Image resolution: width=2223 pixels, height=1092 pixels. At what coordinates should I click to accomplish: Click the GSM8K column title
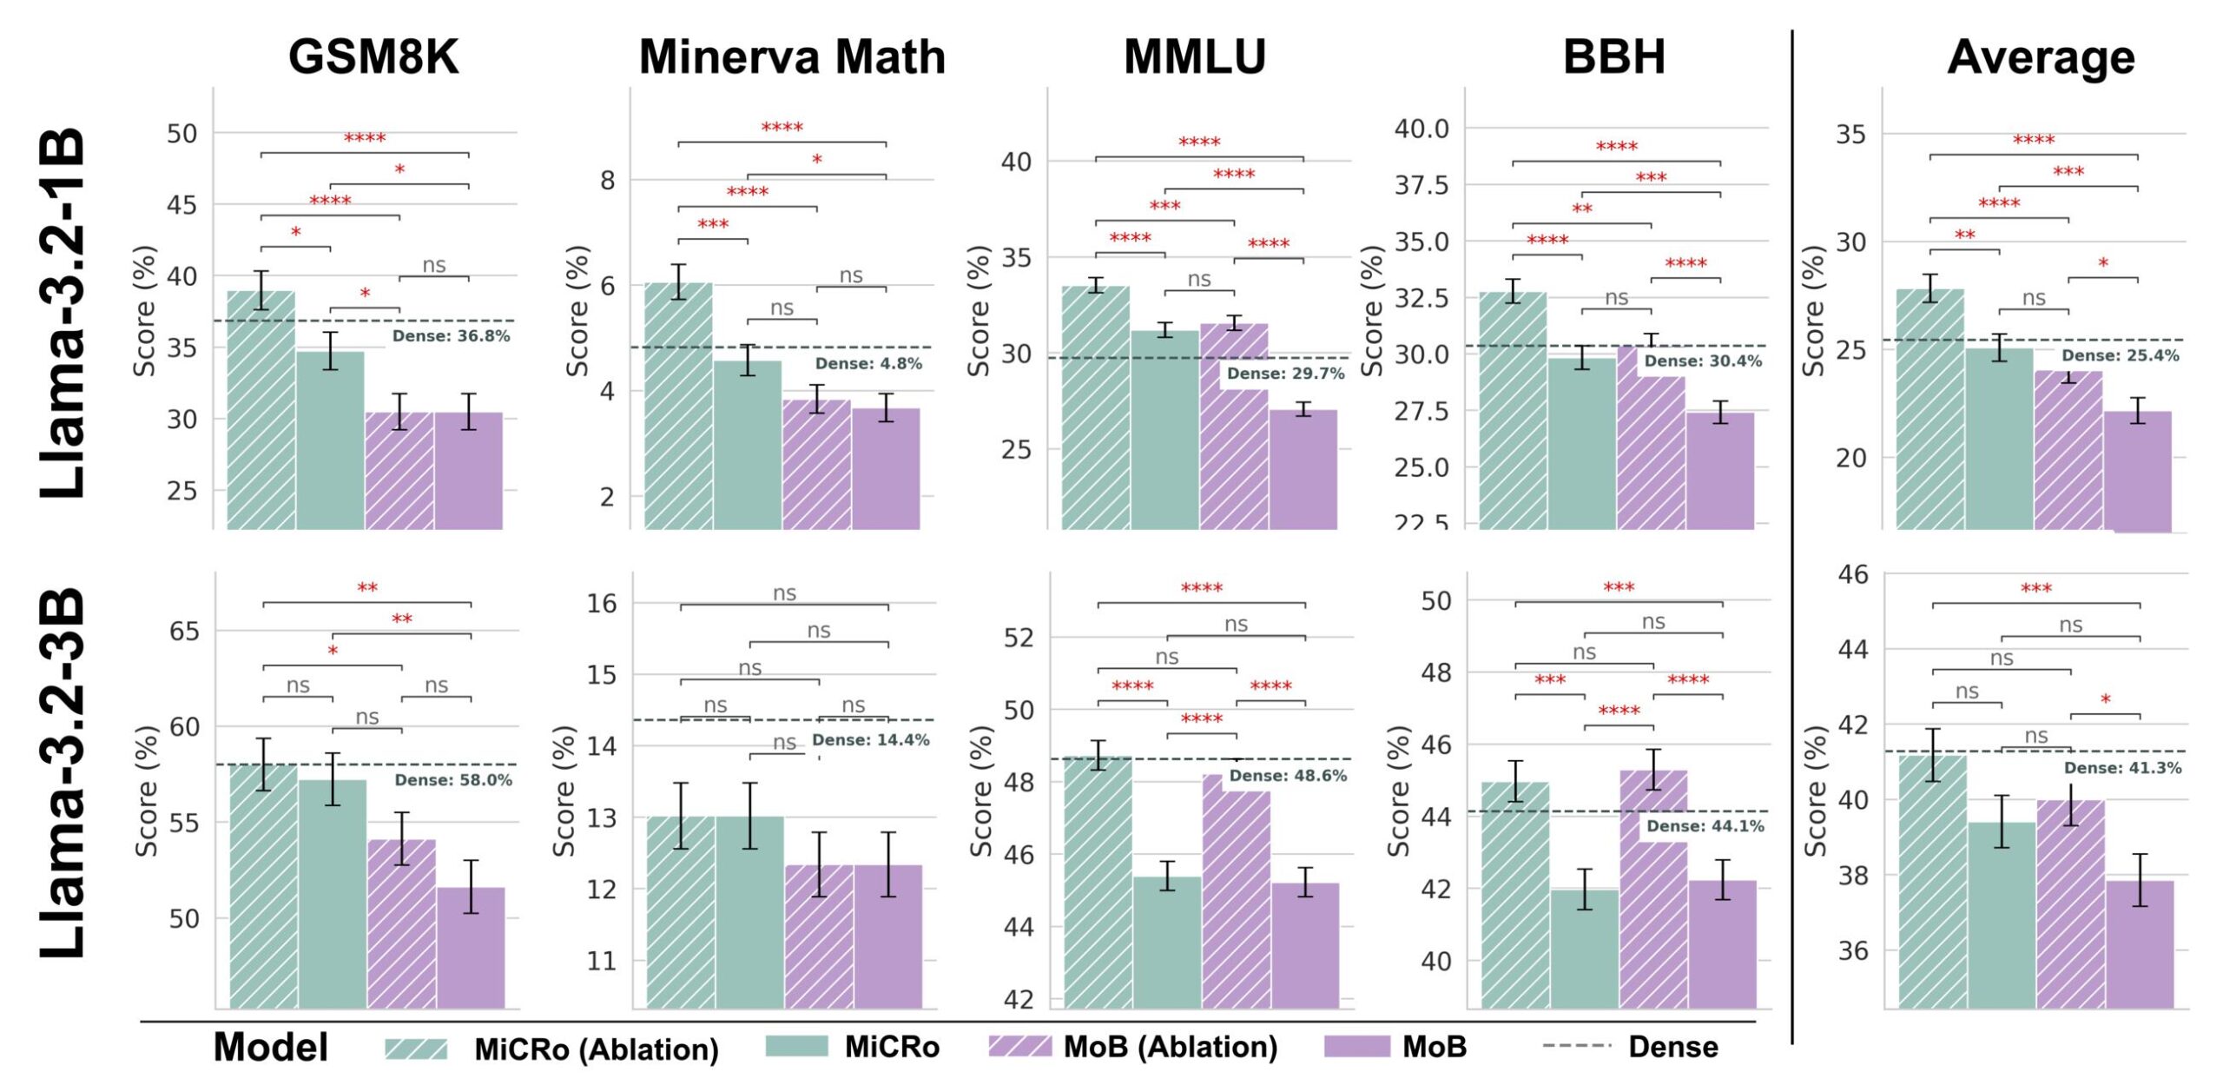pyautogui.click(x=373, y=57)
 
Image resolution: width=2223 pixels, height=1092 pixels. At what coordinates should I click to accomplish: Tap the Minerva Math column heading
pyautogui.click(x=792, y=57)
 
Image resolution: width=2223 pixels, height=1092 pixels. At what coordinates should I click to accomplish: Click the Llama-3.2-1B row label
pyautogui.click(x=63, y=313)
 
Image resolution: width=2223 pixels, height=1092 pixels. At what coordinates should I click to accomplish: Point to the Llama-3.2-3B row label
pyautogui.click(x=63, y=773)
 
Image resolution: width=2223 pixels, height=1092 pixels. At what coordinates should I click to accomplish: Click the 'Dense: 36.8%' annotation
pyautogui.click(x=451, y=336)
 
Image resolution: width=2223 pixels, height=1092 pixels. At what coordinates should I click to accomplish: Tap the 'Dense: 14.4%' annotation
pyautogui.click(x=870, y=740)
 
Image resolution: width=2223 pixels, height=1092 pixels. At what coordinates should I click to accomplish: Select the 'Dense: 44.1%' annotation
pyautogui.click(x=1705, y=826)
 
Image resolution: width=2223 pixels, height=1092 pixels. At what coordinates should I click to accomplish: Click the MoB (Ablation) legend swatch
pyautogui.click(x=1019, y=1047)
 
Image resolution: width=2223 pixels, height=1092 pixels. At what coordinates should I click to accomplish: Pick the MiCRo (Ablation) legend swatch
pyautogui.click(x=417, y=1049)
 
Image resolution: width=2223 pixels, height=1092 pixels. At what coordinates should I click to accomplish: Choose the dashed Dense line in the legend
pyautogui.click(x=1577, y=1046)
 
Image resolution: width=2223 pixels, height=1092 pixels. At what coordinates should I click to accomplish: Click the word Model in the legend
pyautogui.click(x=271, y=1047)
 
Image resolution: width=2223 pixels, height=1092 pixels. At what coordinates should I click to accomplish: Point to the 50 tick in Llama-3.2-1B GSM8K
pyautogui.click(x=181, y=134)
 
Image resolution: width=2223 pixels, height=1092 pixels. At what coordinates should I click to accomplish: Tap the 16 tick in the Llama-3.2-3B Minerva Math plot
pyautogui.click(x=602, y=603)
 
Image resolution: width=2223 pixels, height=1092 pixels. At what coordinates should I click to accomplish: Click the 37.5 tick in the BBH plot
pyautogui.click(x=1422, y=185)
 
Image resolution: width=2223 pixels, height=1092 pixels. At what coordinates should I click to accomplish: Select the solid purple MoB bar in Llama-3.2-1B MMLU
pyautogui.click(x=1303, y=470)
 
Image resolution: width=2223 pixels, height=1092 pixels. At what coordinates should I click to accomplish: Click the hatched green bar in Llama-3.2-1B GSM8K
pyautogui.click(x=261, y=410)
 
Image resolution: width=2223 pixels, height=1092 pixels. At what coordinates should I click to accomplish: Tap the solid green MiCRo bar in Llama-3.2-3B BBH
pyautogui.click(x=1585, y=950)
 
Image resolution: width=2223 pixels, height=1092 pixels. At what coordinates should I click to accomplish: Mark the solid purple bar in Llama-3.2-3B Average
pyautogui.click(x=2140, y=945)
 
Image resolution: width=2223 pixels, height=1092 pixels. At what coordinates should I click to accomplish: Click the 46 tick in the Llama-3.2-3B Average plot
pyautogui.click(x=1853, y=575)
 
